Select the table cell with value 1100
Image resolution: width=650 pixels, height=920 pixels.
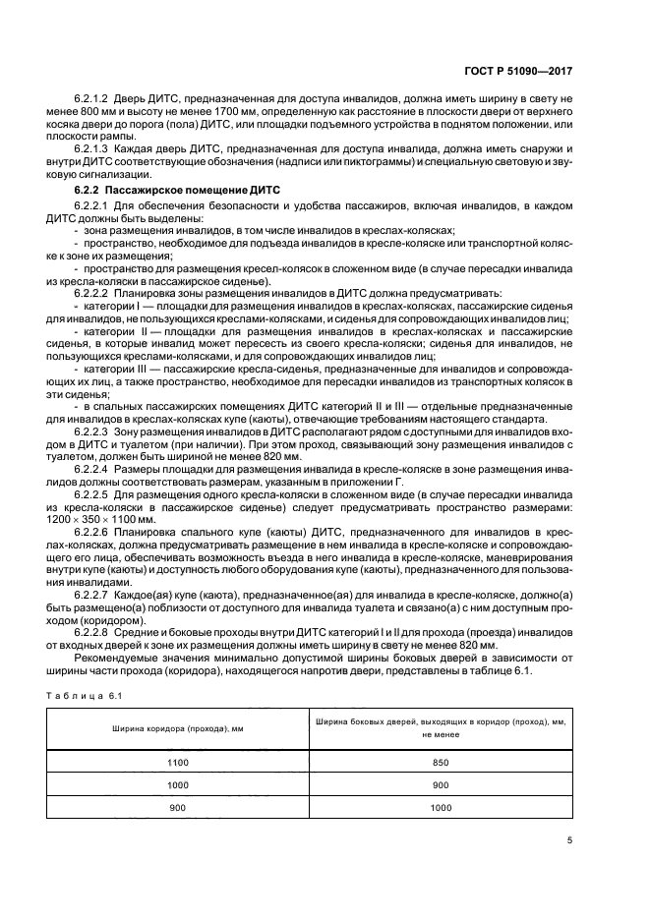[x=177, y=762]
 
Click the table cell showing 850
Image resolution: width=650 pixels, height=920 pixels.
[x=441, y=762]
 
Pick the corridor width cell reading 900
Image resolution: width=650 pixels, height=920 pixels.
[x=177, y=807]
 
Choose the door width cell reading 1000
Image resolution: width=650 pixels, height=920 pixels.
[x=441, y=807]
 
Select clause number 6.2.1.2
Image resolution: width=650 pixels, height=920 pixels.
[x=91, y=100]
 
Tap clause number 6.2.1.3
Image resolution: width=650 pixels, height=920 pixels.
[x=91, y=148]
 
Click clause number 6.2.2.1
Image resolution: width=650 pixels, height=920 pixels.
[x=91, y=206]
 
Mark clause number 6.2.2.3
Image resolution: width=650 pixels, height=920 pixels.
[x=91, y=431]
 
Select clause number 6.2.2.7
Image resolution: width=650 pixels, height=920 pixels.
[x=91, y=597]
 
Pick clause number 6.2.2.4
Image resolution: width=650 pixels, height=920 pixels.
[x=91, y=470]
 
